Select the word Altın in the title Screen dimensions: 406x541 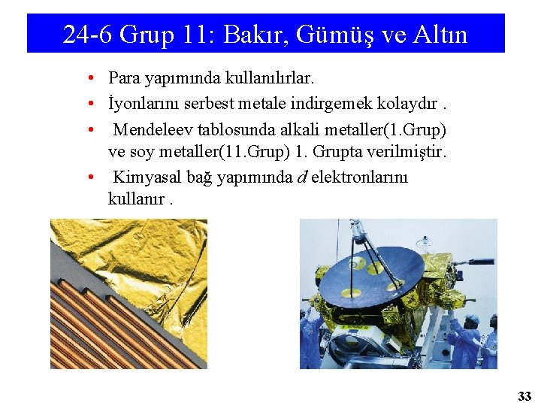[x=440, y=35]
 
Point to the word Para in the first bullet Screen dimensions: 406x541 [x=122, y=77]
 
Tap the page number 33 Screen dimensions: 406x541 [x=524, y=395]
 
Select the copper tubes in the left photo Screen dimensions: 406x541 [x=113, y=331]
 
